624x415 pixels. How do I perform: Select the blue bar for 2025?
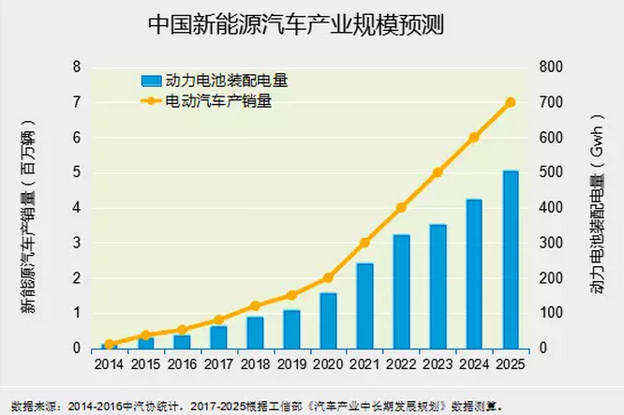tap(511, 259)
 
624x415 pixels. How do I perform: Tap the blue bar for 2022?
tap(401, 291)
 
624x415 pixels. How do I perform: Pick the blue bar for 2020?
tap(328, 320)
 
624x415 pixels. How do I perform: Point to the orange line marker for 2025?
tap(511, 102)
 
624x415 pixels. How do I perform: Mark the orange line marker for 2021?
tap(364, 243)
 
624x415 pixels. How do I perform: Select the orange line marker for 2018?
tap(255, 305)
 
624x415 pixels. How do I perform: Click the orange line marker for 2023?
tap(438, 172)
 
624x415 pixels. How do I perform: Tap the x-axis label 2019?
tap(291, 364)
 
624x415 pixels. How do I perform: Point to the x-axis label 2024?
tap(474, 364)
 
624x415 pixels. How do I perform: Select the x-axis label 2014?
tap(109, 364)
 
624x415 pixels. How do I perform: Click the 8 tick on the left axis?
tap(77, 67)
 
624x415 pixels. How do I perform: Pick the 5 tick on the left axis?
tap(77, 172)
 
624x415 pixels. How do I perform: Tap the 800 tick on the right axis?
tap(551, 67)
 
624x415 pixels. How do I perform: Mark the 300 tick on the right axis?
tap(551, 243)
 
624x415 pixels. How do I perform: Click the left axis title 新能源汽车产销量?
tap(30, 216)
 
